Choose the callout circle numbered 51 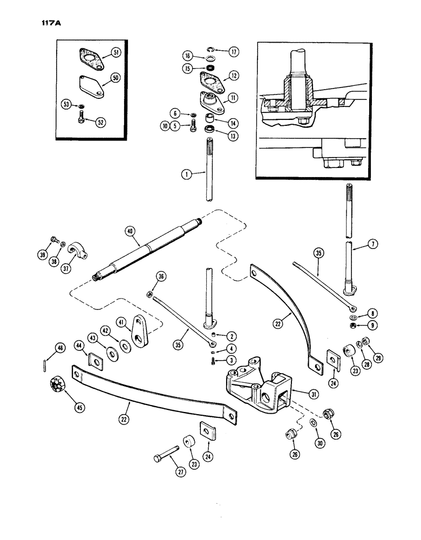pos(116,52)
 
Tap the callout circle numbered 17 pos(234,51)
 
